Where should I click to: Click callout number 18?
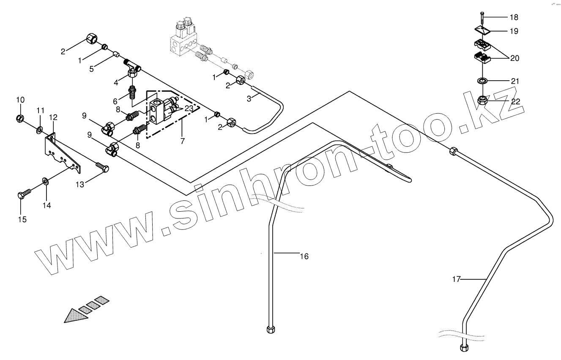coord(514,17)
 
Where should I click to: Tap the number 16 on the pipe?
coord(304,256)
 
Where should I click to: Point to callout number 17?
coord(456,279)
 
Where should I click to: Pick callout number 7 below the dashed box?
coord(183,141)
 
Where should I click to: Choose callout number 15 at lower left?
coord(22,219)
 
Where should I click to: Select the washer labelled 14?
coord(45,182)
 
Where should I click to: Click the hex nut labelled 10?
coord(20,117)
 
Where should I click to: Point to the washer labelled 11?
coord(39,129)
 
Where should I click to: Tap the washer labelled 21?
coord(482,81)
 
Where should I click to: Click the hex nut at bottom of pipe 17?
coord(464,348)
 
